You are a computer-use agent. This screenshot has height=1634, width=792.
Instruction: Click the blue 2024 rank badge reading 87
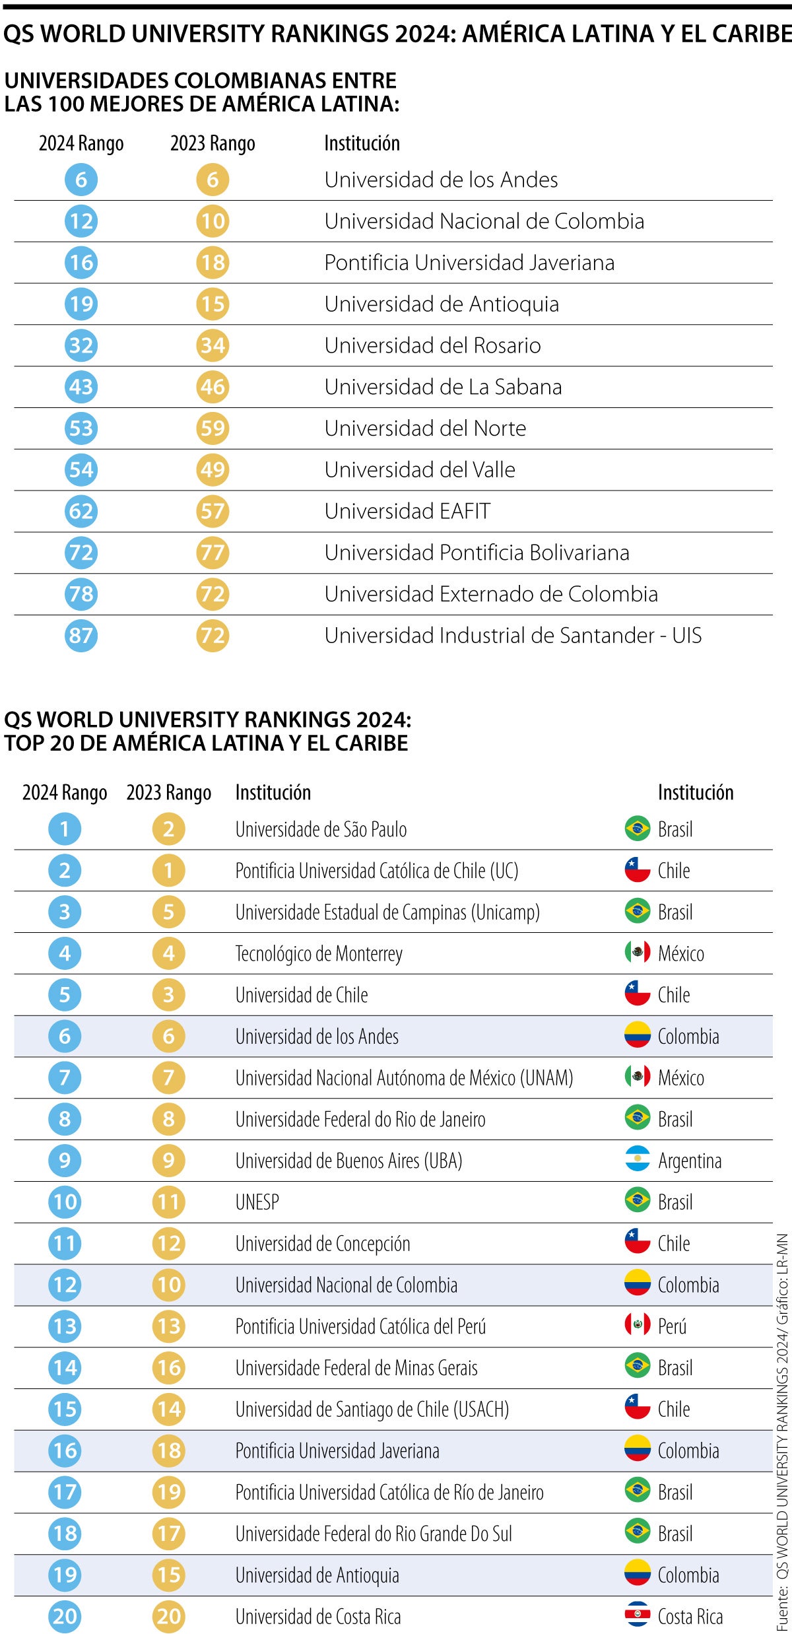click(81, 635)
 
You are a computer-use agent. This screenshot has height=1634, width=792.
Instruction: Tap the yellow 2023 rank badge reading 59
click(213, 428)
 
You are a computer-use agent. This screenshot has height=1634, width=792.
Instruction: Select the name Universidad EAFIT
click(407, 511)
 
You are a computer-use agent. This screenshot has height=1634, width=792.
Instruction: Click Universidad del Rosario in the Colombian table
click(432, 345)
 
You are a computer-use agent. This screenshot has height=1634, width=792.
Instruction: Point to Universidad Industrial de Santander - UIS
click(513, 635)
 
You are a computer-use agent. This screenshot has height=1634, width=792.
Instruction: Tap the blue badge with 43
click(81, 387)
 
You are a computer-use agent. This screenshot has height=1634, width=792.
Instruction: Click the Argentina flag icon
click(637, 1160)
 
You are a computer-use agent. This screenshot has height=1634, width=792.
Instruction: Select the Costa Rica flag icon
click(637, 1616)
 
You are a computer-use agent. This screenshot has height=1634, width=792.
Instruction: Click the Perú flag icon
click(637, 1326)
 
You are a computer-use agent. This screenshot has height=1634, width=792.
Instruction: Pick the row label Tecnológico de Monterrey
click(319, 953)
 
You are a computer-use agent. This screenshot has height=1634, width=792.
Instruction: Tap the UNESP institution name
click(257, 1202)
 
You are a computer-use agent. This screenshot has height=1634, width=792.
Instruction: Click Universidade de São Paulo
click(321, 829)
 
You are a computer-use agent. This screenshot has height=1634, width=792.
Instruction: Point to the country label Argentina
click(689, 1161)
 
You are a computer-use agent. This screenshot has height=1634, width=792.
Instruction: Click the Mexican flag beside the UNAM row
click(637, 1077)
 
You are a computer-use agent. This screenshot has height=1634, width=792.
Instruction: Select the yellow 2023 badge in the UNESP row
click(168, 1202)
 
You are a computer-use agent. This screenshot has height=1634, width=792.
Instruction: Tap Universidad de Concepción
click(323, 1243)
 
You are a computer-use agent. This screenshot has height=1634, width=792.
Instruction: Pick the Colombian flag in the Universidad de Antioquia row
click(637, 1574)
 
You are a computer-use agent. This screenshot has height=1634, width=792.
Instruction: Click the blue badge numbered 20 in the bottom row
click(65, 1616)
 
